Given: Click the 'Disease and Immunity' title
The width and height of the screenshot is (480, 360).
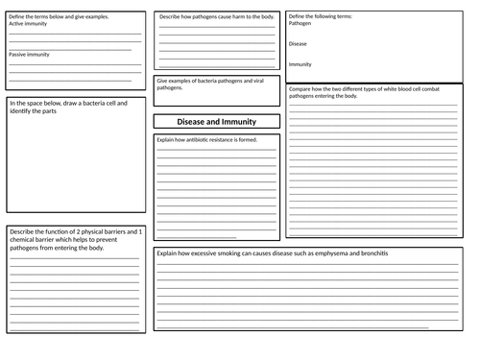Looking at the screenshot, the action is click(216, 122).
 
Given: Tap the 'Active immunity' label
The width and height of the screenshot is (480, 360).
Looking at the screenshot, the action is click(28, 24).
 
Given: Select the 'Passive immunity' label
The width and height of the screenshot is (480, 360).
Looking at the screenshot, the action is click(29, 55).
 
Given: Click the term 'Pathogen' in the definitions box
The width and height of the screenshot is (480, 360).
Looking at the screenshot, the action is click(299, 24).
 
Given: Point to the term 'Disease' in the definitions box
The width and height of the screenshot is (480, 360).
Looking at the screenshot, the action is click(298, 43).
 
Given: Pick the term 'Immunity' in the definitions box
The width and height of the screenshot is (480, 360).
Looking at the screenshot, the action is click(300, 64).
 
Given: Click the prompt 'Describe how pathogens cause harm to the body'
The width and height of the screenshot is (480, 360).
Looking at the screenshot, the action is click(215, 17).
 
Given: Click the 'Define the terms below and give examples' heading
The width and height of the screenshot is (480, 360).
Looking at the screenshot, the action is click(59, 17).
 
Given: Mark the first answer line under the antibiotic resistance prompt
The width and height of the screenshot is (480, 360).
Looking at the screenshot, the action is click(216, 151).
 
